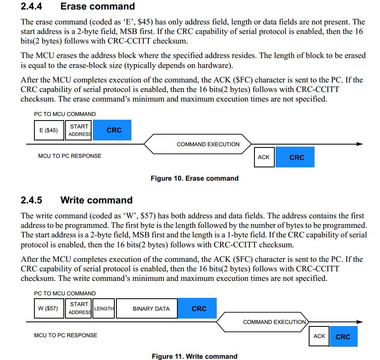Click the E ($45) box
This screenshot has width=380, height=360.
[49, 130]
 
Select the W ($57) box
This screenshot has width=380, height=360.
[49, 309]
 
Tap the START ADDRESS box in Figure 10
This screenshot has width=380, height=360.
[79, 130]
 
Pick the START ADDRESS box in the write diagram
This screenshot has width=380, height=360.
[79, 308]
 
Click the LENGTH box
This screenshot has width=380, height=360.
[104, 309]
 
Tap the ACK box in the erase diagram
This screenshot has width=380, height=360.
[264, 157]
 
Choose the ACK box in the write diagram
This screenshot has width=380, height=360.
[319, 336]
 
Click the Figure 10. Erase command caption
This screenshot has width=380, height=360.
[194, 179]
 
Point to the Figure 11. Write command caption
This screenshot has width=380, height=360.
[194, 356]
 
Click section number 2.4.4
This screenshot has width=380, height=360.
[31, 7]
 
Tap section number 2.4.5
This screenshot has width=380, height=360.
[31, 200]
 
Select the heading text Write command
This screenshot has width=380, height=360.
[97, 200]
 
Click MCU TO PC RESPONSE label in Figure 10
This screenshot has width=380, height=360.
[70, 156]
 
